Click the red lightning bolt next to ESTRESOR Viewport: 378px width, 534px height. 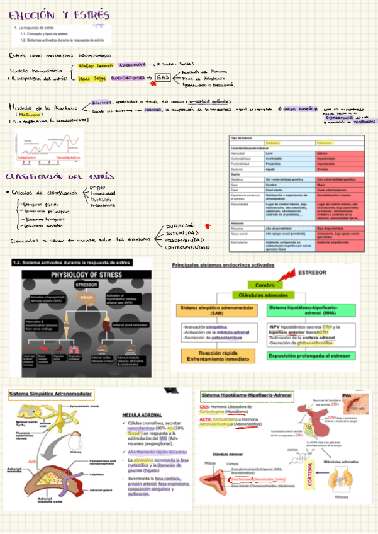pyautogui.click(x=287, y=275)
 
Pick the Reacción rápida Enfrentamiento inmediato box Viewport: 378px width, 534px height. pyautogui.click(x=217, y=356)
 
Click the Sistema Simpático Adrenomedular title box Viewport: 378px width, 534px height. pyautogui.click(x=50, y=395)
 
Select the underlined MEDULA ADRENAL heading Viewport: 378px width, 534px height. pyautogui.click(x=142, y=416)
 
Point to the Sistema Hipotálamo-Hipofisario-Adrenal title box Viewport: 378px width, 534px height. pyautogui.click(x=247, y=395)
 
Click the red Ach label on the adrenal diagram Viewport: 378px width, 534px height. pyautogui.click(x=33, y=462)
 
